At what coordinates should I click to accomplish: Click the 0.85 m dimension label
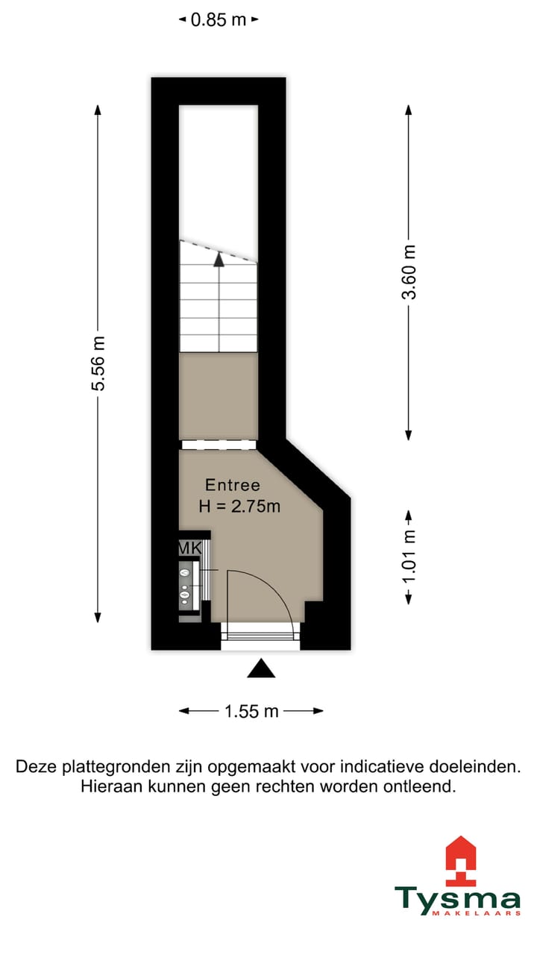click(x=218, y=20)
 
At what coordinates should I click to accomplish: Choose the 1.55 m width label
click(x=251, y=711)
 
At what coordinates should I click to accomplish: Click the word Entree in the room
click(x=233, y=486)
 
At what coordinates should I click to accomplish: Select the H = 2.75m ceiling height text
click(x=239, y=507)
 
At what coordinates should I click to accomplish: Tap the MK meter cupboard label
click(x=189, y=548)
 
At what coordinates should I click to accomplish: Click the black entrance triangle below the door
click(x=261, y=669)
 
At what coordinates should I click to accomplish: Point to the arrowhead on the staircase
click(x=219, y=260)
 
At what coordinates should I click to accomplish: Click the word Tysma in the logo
click(x=457, y=900)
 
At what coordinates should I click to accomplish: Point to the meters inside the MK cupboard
click(x=185, y=584)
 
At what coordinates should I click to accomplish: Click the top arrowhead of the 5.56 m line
click(x=98, y=110)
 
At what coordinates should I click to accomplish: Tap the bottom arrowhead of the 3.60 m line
click(x=409, y=434)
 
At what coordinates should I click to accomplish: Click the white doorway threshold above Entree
click(x=219, y=445)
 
